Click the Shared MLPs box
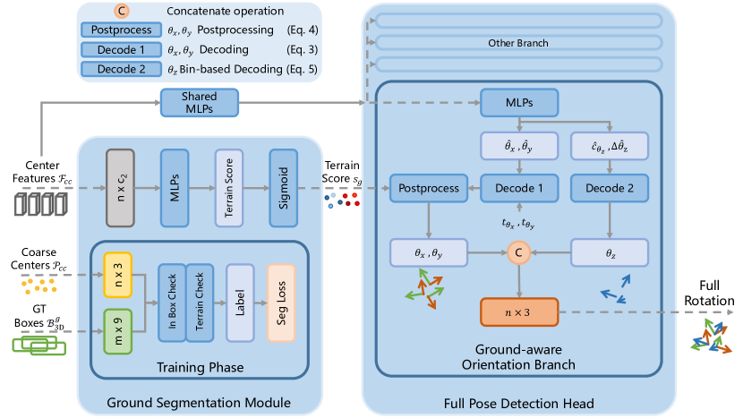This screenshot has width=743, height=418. tap(200, 104)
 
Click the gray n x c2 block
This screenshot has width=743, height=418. tap(119, 188)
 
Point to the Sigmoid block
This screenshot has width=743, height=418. tap(282, 188)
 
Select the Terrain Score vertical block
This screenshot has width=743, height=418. tap(228, 188)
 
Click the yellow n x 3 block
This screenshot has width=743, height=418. tap(118, 271)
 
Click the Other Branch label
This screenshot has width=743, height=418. tap(517, 42)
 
